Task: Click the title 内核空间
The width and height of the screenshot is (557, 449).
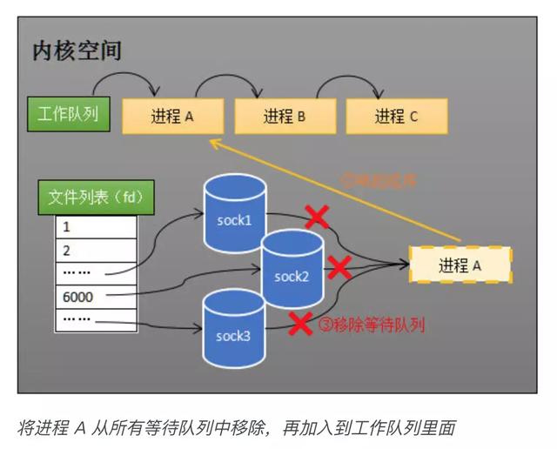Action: pyautogui.click(x=77, y=50)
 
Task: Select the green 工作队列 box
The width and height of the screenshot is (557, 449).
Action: pyautogui.click(x=68, y=115)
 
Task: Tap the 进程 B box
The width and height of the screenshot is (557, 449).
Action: pyautogui.click(x=285, y=116)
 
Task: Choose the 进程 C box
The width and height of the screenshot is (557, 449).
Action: pyautogui.click(x=397, y=116)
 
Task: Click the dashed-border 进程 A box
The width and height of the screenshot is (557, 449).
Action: pyautogui.click(x=460, y=266)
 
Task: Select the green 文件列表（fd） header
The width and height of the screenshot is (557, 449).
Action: pyautogui.click(x=96, y=198)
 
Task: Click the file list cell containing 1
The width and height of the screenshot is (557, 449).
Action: pyautogui.click(x=96, y=227)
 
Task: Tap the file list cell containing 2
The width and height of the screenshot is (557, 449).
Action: pyautogui.click(x=96, y=251)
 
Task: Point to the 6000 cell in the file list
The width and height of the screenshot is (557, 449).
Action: pyautogui.click(x=96, y=297)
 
